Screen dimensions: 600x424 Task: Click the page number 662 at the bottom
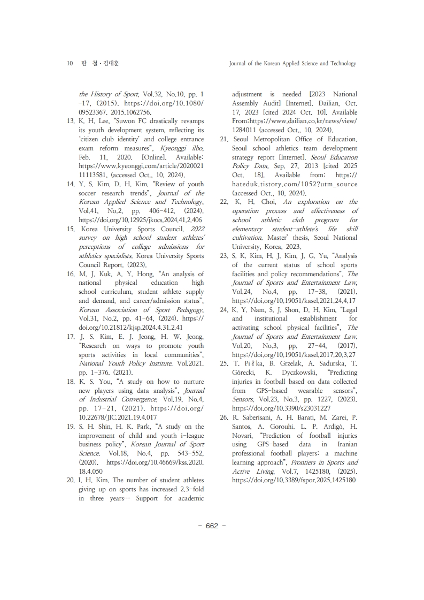click(212, 526)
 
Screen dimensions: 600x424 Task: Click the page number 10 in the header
click(70, 63)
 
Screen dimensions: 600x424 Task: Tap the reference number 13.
click(70, 121)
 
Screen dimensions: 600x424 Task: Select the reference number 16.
click(70, 274)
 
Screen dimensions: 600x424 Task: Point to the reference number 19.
click(70, 427)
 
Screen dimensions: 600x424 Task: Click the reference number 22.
click(224, 202)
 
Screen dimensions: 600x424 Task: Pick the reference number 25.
click(224, 363)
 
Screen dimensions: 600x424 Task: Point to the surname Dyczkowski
click(293, 373)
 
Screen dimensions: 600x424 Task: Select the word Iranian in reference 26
click(345, 444)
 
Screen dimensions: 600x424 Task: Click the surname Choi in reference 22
click(268, 202)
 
